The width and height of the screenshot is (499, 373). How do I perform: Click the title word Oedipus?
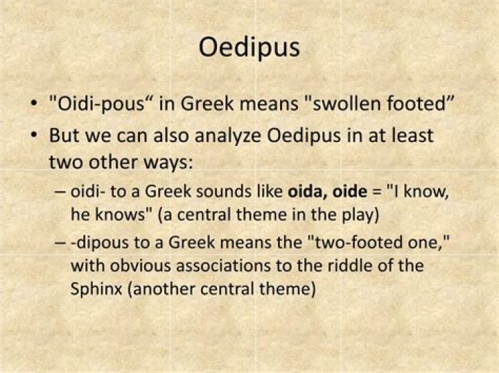point(249,48)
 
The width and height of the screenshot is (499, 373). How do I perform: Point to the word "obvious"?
point(136,266)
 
